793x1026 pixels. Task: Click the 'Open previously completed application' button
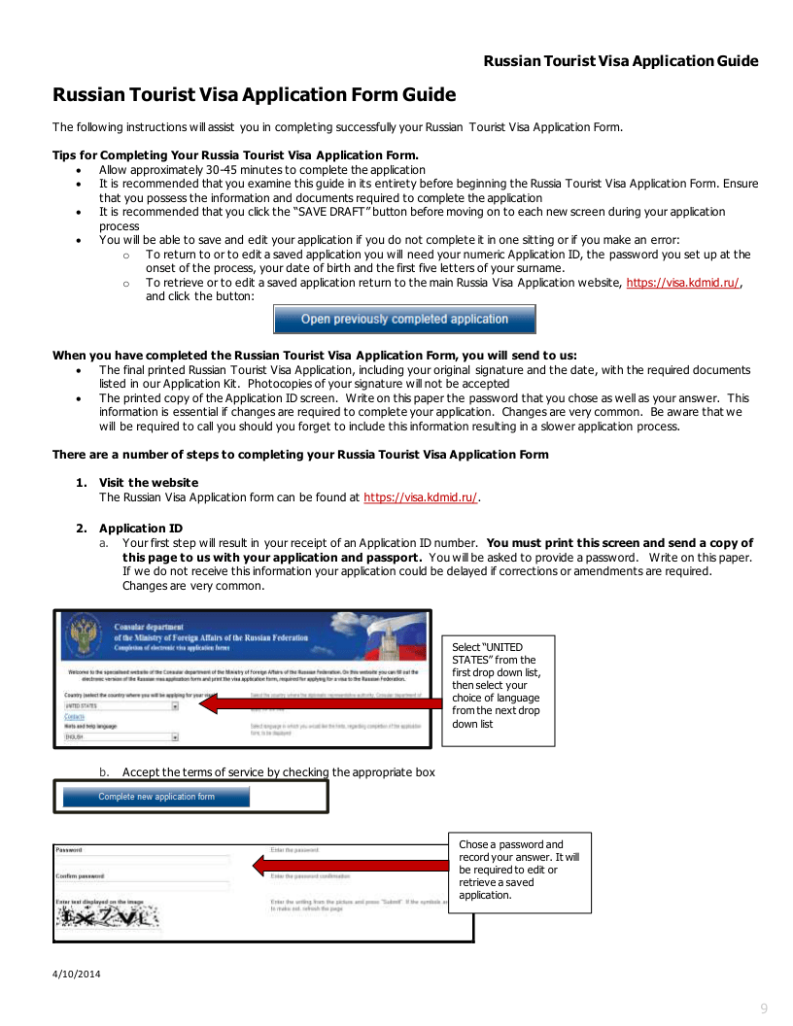[404, 319]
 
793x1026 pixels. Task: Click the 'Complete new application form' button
[156, 797]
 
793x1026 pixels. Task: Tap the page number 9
[764, 1009]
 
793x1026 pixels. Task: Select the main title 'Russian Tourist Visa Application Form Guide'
[254, 95]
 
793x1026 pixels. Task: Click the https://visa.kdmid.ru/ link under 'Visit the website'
[420, 497]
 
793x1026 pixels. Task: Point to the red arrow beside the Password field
[350, 864]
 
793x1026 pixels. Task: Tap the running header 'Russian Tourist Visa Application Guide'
[620, 61]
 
